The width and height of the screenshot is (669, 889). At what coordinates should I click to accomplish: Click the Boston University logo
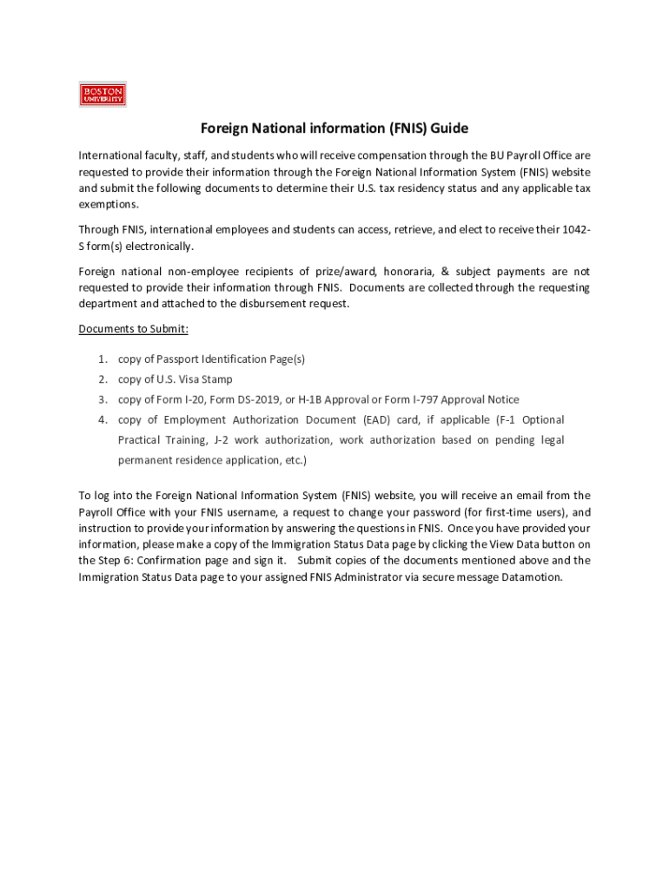click(x=103, y=95)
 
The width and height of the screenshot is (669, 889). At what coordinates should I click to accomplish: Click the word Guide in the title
click(x=448, y=128)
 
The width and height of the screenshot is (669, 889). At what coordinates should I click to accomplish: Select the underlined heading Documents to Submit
click(x=133, y=329)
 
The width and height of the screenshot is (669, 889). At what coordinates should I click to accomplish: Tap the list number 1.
click(x=102, y=359)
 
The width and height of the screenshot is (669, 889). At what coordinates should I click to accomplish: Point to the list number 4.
click(x=102, y=420)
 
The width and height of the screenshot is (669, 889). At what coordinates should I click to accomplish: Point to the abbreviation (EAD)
click(x=377, y=420)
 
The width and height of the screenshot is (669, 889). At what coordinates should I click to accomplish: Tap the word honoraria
click(x=387, y=272)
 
